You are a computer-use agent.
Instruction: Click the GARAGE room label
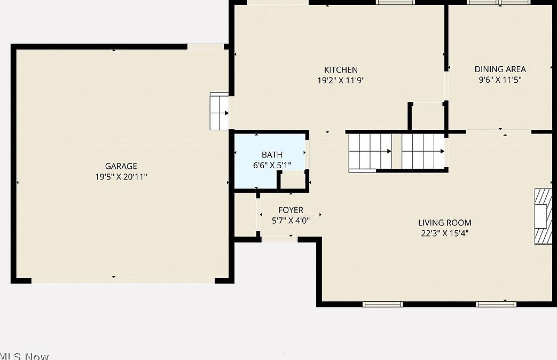coord(121,166)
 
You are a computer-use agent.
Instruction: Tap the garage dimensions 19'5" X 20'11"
coord(121,176)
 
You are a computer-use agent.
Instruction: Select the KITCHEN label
coord(341,69)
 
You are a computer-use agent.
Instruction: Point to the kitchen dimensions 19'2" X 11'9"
coord(341,80)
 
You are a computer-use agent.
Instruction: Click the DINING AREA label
coord(500,69)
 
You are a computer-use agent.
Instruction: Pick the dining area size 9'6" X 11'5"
coord(500,80)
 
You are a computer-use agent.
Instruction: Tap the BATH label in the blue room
coord(272,155)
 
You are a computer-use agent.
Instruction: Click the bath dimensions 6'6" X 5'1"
coord(272,165)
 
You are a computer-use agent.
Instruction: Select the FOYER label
coord(291,210)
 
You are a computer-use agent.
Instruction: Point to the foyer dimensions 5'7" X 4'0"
coord(291,220)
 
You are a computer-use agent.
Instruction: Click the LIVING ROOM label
coord(444,223)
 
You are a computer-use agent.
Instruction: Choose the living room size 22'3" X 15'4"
coord(444,233)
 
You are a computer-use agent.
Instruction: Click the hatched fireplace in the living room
coord(544,216)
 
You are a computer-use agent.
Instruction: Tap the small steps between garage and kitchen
coord(219,112)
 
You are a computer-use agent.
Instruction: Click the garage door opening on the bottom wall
coord(123,280)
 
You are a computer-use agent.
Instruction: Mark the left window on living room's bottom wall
coord(382,304)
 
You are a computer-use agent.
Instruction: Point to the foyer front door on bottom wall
coord(279,240)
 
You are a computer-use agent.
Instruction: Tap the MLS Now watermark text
coord(24,356)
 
